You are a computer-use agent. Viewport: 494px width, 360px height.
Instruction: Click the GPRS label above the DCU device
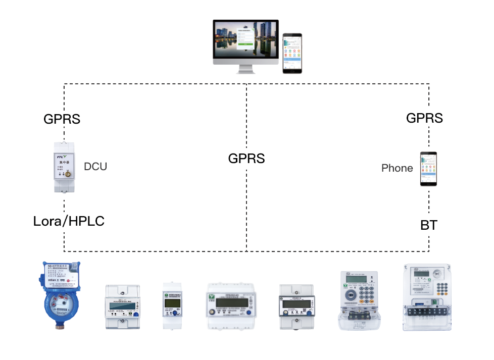click(62, 120)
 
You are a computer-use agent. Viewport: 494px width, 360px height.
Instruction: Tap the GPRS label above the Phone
click(424, 118)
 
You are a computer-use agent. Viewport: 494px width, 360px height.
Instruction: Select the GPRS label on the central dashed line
click(246, 158)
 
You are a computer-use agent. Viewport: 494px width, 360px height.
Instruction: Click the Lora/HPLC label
click(69, 221)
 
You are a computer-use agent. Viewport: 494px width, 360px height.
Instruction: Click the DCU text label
click(95, 166)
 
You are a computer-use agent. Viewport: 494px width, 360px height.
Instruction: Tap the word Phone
click(397, 168)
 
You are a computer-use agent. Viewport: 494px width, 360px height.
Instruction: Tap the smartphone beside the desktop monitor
click(292, 53)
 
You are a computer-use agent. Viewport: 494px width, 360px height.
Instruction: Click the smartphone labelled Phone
click(428, 169)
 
